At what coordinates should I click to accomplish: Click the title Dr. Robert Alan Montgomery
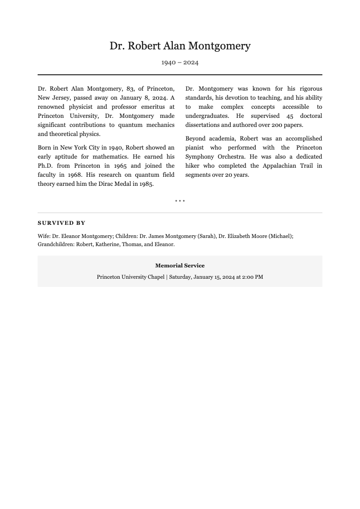(180, 46)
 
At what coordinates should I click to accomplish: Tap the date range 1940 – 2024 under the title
(180, 63)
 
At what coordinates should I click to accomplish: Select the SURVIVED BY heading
(61, 223)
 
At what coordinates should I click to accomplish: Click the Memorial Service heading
(180, 266)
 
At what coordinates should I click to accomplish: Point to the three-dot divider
(180, 201)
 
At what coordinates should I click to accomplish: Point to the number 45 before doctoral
(290, 116)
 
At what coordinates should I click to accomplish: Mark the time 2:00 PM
(253, 277)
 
